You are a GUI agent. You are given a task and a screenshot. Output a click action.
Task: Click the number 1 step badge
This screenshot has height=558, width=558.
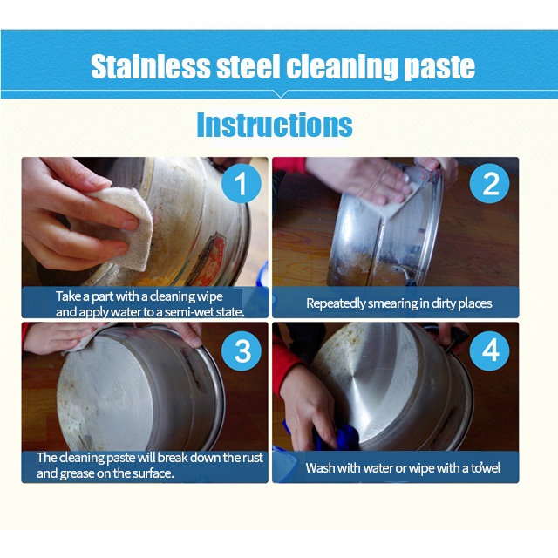point(242,186)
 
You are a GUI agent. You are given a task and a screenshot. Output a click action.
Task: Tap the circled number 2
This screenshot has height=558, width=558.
point(491,184)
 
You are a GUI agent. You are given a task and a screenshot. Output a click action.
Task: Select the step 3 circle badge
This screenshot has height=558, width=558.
point(242,350)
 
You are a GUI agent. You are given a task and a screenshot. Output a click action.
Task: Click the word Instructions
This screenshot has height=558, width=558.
point(274,125)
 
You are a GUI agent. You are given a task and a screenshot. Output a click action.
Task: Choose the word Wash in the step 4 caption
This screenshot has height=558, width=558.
point(321,468)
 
